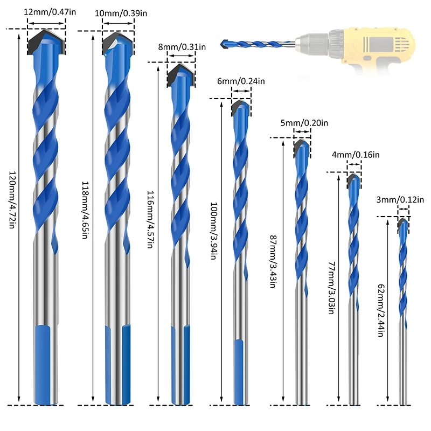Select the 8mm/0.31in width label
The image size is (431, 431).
coord(182,47)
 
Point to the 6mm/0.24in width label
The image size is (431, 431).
coord(241,82)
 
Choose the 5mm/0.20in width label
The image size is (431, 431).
coord(304,123)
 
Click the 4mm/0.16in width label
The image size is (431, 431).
coord(356,155)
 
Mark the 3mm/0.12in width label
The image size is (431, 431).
coord(405,200)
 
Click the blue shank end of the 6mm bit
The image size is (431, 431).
coord(240,372)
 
